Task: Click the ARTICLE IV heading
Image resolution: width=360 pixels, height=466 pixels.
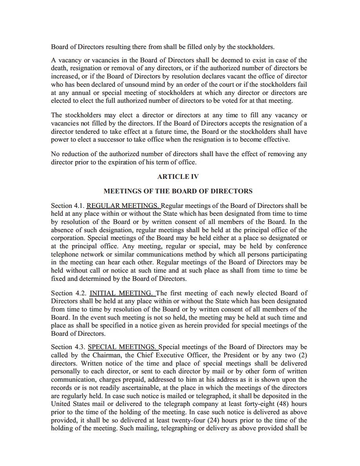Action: point(178,177)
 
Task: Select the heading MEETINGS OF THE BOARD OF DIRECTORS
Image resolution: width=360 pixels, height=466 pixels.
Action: point(178,191)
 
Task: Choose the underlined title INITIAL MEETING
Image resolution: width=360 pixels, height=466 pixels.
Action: point(122,293)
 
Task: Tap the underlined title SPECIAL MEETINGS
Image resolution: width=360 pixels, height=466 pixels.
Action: point(122,347)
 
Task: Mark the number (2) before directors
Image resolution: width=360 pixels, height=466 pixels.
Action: point(302,355)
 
